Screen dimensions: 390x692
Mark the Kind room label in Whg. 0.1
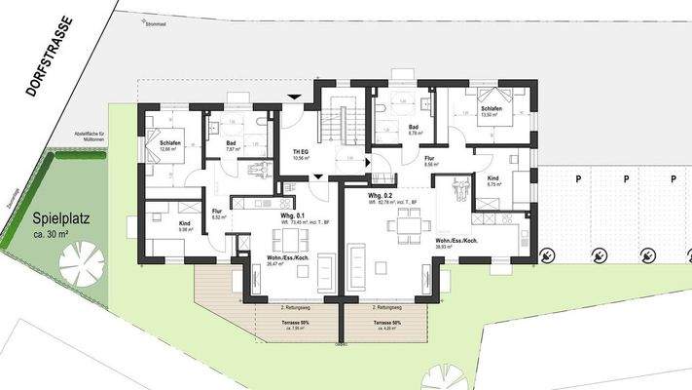click(x=184, y=223)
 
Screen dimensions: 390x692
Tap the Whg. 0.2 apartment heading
click(x=380, y=196)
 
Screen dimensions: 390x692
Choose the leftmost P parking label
click(x=578, y=178)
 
